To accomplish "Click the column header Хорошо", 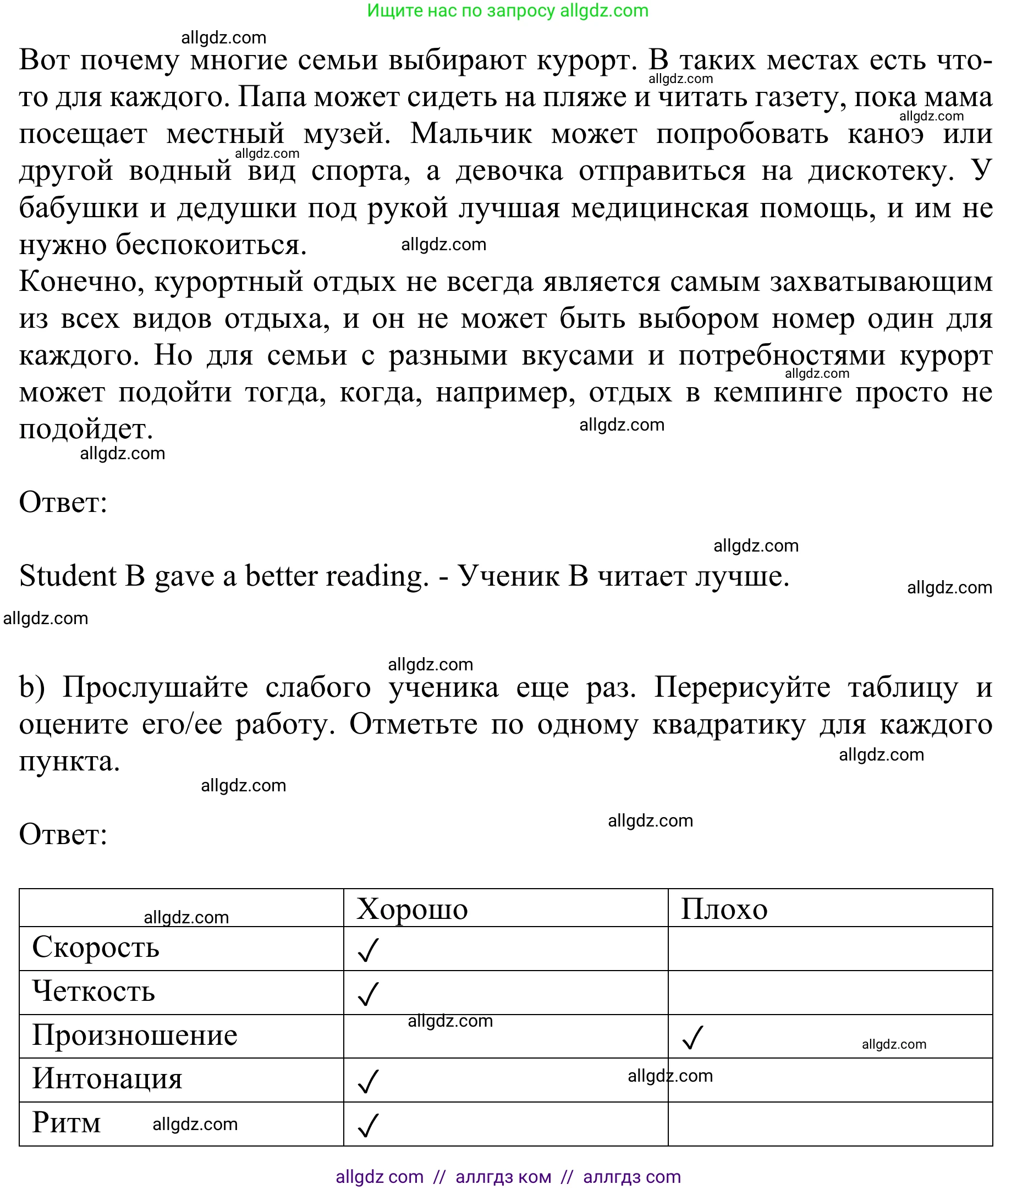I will point(412,909).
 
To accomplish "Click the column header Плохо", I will point(724,909).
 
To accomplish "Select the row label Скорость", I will point(95,947).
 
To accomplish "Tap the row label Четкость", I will point(94,991).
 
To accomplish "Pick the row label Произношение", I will point(134,1035).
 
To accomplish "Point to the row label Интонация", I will point(107,1078).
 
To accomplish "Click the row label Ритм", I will point(66,1122).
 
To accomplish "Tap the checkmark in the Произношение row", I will point(692,1037).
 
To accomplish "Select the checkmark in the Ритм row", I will point(368,1125).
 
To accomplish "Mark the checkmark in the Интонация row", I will point(368,1081).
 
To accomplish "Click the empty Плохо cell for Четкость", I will point(829,992).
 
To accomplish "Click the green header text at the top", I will point(507,10).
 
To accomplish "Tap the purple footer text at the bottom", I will point(508,1177).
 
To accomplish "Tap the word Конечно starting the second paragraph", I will point(81,282).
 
